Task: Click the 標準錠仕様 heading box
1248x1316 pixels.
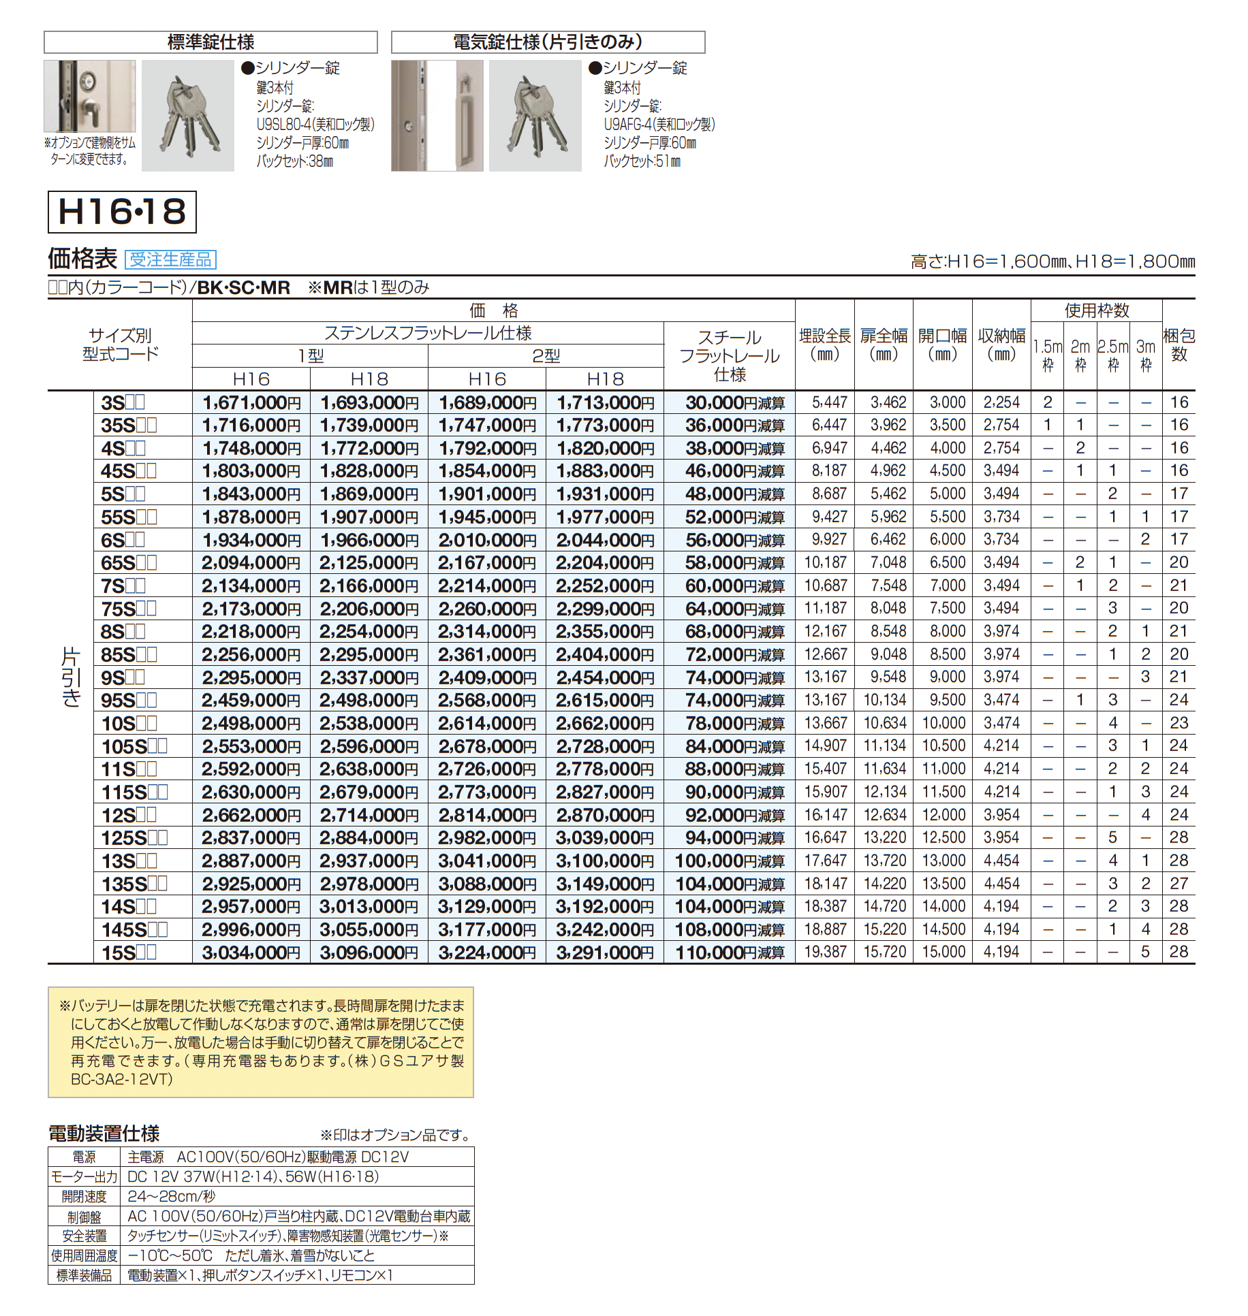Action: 210,42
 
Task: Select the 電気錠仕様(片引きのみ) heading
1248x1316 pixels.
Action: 548,42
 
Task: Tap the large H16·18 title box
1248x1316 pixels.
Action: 122,212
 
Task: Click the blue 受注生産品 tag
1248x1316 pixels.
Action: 170,259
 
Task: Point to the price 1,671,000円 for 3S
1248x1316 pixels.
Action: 251,402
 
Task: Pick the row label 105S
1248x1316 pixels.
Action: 134,747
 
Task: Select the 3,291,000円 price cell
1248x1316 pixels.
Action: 604,952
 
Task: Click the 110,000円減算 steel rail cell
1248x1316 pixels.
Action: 729,952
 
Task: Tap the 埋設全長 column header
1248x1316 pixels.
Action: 824,344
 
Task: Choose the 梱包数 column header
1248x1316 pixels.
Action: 1179,344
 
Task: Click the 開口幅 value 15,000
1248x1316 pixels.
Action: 943,952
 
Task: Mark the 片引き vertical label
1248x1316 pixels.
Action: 71,677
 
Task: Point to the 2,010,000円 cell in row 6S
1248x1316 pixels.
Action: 486,540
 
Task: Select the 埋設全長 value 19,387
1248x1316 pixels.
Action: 825,952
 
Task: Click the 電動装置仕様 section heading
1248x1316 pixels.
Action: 104,1134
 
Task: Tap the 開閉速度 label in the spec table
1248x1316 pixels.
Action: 84,1196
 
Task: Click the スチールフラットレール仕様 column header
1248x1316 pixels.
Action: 729,355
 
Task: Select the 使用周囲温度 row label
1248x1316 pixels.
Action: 84,1255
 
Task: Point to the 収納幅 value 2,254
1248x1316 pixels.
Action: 1001,402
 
